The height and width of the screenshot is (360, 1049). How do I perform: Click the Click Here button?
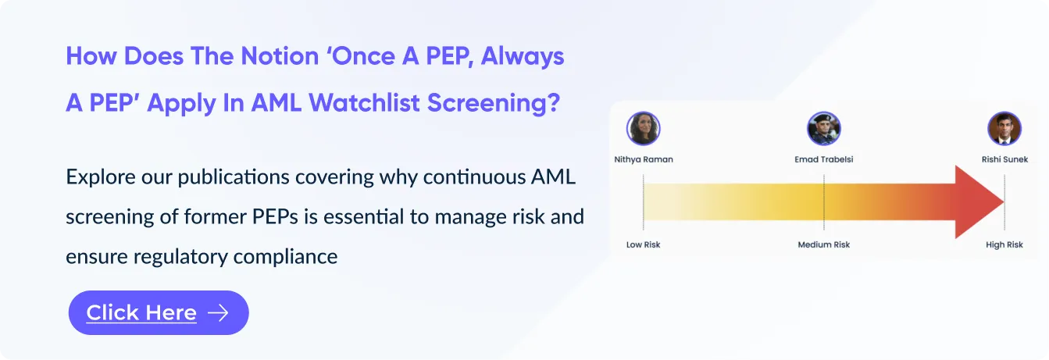pyautogui.click(x=159, y=312)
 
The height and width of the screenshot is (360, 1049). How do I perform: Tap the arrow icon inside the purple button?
pyautogui.click(x=218, y=312)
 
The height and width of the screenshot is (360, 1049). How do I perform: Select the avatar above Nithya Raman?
pyautogui.click(x=643, y=128)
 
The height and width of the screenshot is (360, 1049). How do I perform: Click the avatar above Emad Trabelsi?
pyautogui.click(x=824, y=128)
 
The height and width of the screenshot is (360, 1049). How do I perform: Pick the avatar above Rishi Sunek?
pyautogui.click(x=1004, y=128)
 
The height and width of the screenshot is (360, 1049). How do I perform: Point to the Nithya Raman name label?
pyautogui.click(x=644, y=159)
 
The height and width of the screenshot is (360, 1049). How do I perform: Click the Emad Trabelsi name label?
pyautogui.click(x=824, y=159)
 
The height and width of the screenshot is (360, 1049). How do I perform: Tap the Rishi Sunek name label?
pyautogui.click(x=1004, y=159)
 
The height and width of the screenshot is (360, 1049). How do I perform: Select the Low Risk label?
pyautogui.click(x=643, y=244)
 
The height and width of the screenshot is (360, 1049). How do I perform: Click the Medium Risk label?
pyautogui.click(x=824, y=244)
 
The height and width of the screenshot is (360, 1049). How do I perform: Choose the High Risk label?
pyautogui.click(x=1004, y=244)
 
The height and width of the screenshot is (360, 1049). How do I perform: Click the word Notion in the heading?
pyautogui.click(x=280, y=56)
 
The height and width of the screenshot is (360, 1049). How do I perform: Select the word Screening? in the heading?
pyautogui.click(x=494, y=103)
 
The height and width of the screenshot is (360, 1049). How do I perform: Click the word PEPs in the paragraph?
pyautogui.click(x=275, y=217)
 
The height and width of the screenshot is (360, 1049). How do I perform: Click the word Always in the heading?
pyautogui.click(x=523, y=57)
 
